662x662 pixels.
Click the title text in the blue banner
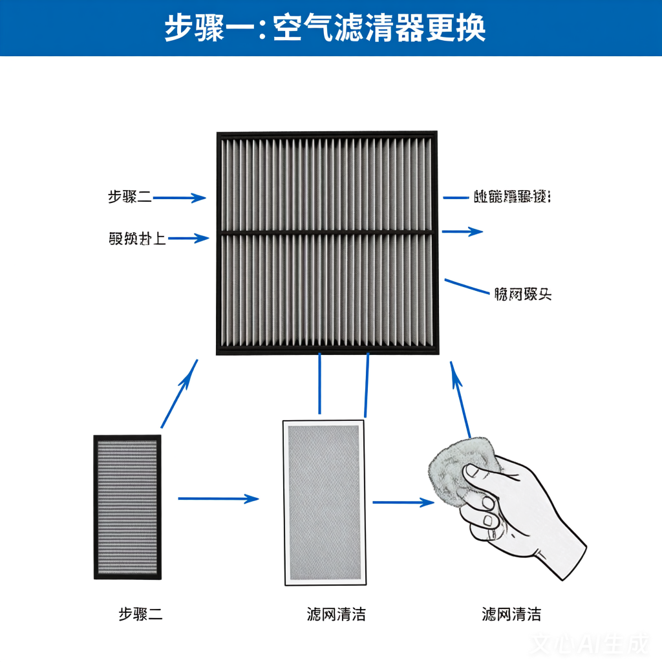(325, 28)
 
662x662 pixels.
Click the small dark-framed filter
(127, 507)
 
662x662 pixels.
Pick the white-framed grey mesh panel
(323, 502)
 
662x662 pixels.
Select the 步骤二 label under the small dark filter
(140, 614)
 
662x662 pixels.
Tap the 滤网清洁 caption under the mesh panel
(336, 614)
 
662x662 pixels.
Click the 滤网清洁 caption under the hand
(511, 614)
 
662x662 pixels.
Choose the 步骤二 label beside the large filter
(130, 197)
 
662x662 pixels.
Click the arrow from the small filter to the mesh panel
(218, 498)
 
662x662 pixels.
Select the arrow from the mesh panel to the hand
(403, 502)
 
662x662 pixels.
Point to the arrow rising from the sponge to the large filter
(460, 399)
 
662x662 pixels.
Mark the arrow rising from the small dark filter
(179, 394)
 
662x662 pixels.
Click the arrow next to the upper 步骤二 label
(180, 198)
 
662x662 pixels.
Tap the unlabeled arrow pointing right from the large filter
(462, 231)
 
